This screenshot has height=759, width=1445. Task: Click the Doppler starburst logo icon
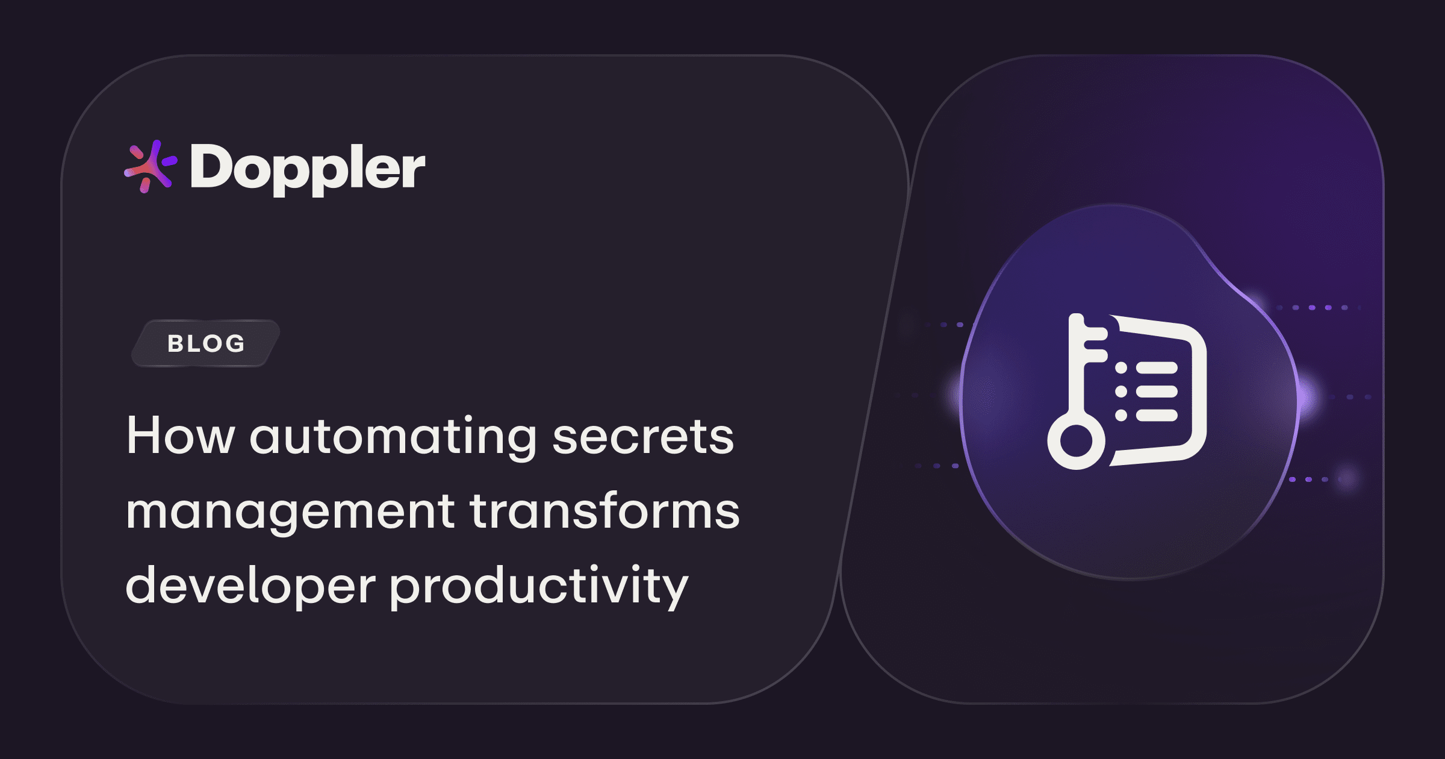[150, 166]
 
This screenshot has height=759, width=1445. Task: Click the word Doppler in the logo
[308, 168]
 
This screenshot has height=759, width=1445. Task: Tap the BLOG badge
[206, 343]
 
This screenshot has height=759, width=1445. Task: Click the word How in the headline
[180, 436]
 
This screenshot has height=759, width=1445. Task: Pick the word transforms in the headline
[604, 511]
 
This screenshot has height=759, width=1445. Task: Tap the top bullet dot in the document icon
[1121, 367]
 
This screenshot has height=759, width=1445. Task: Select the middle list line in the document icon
[1156, 392]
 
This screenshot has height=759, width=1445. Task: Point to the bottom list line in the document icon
[1156, 415]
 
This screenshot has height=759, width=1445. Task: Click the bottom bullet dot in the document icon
[1121, 415]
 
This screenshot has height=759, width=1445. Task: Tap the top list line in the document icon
[1156, 367]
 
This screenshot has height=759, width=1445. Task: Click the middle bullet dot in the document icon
[1121, 392]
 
